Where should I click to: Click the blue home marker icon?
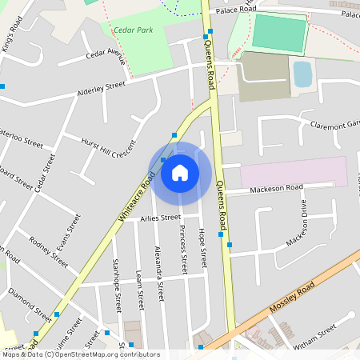pyautogui.click(x=180, y=172)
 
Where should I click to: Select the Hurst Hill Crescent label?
pyautogui.click(x=110, y=147)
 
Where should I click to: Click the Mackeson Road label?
pyautogui.click(x=276, y=188)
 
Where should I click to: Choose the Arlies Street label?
pyautogui.click(x=161, y=218)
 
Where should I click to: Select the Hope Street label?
pyautogui.click(x=202, y=246)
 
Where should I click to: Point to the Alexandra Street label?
pyautogui.click(x=159, y=273)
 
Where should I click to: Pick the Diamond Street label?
pyautogui.click(x=25, y=303)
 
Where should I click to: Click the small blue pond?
pyautogui.click(x=302, y=74)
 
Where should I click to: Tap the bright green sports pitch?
pyautogui.click(x=279, y=34)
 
